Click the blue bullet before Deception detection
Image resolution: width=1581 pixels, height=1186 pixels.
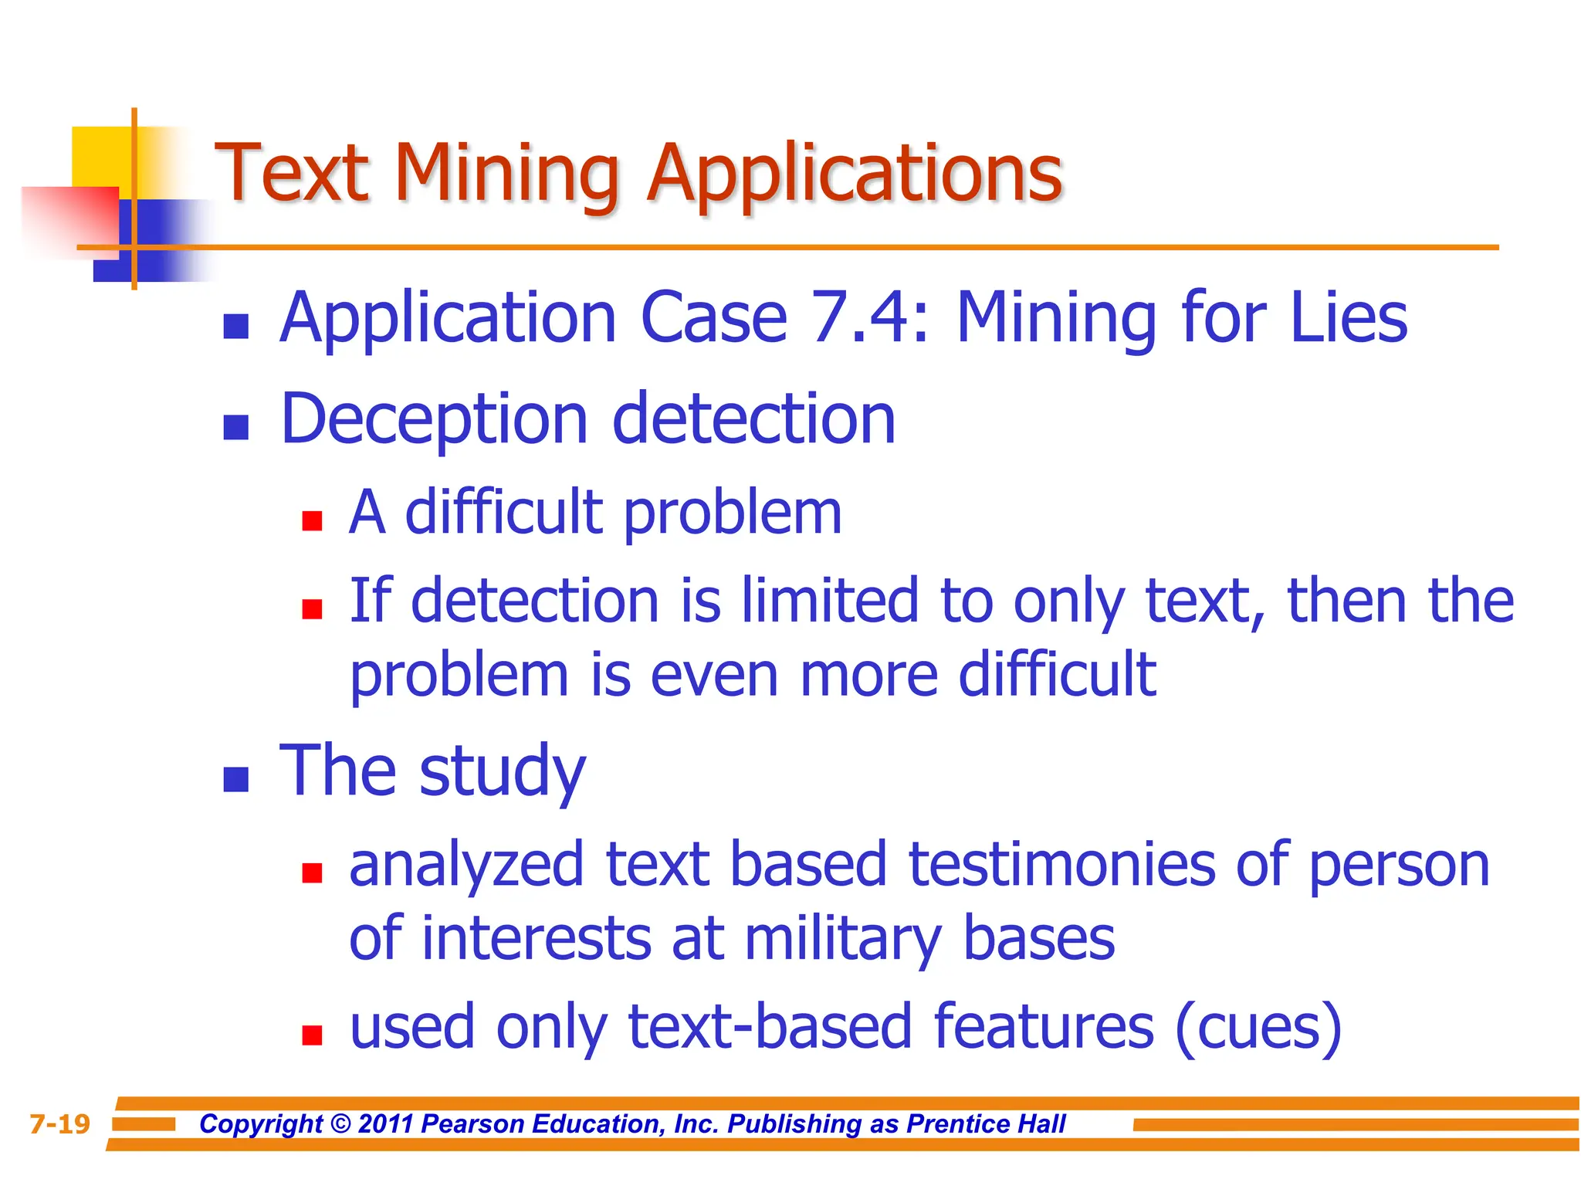236,427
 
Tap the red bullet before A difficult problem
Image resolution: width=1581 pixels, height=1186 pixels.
312,521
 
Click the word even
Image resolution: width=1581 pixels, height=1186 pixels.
714,675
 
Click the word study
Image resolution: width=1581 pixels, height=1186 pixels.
503,772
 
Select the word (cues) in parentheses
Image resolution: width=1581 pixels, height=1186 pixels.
1258,1028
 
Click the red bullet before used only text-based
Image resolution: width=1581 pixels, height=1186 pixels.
312,1035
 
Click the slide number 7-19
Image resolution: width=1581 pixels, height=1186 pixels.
59,1124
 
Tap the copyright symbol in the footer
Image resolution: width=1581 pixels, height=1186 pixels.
340,1124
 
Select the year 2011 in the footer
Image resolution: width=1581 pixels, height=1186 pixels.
385,1124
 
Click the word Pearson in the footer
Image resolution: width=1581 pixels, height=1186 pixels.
472,1124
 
